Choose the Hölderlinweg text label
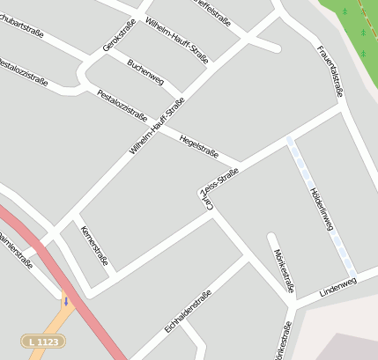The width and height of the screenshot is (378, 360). pos(321,209)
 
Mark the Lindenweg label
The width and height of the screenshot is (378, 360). pos(337,286)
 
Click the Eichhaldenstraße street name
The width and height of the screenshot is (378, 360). pos(187,312)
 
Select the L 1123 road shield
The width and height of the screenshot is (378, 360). pos(43,340)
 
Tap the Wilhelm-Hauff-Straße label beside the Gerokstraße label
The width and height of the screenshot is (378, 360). pos(176,40)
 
